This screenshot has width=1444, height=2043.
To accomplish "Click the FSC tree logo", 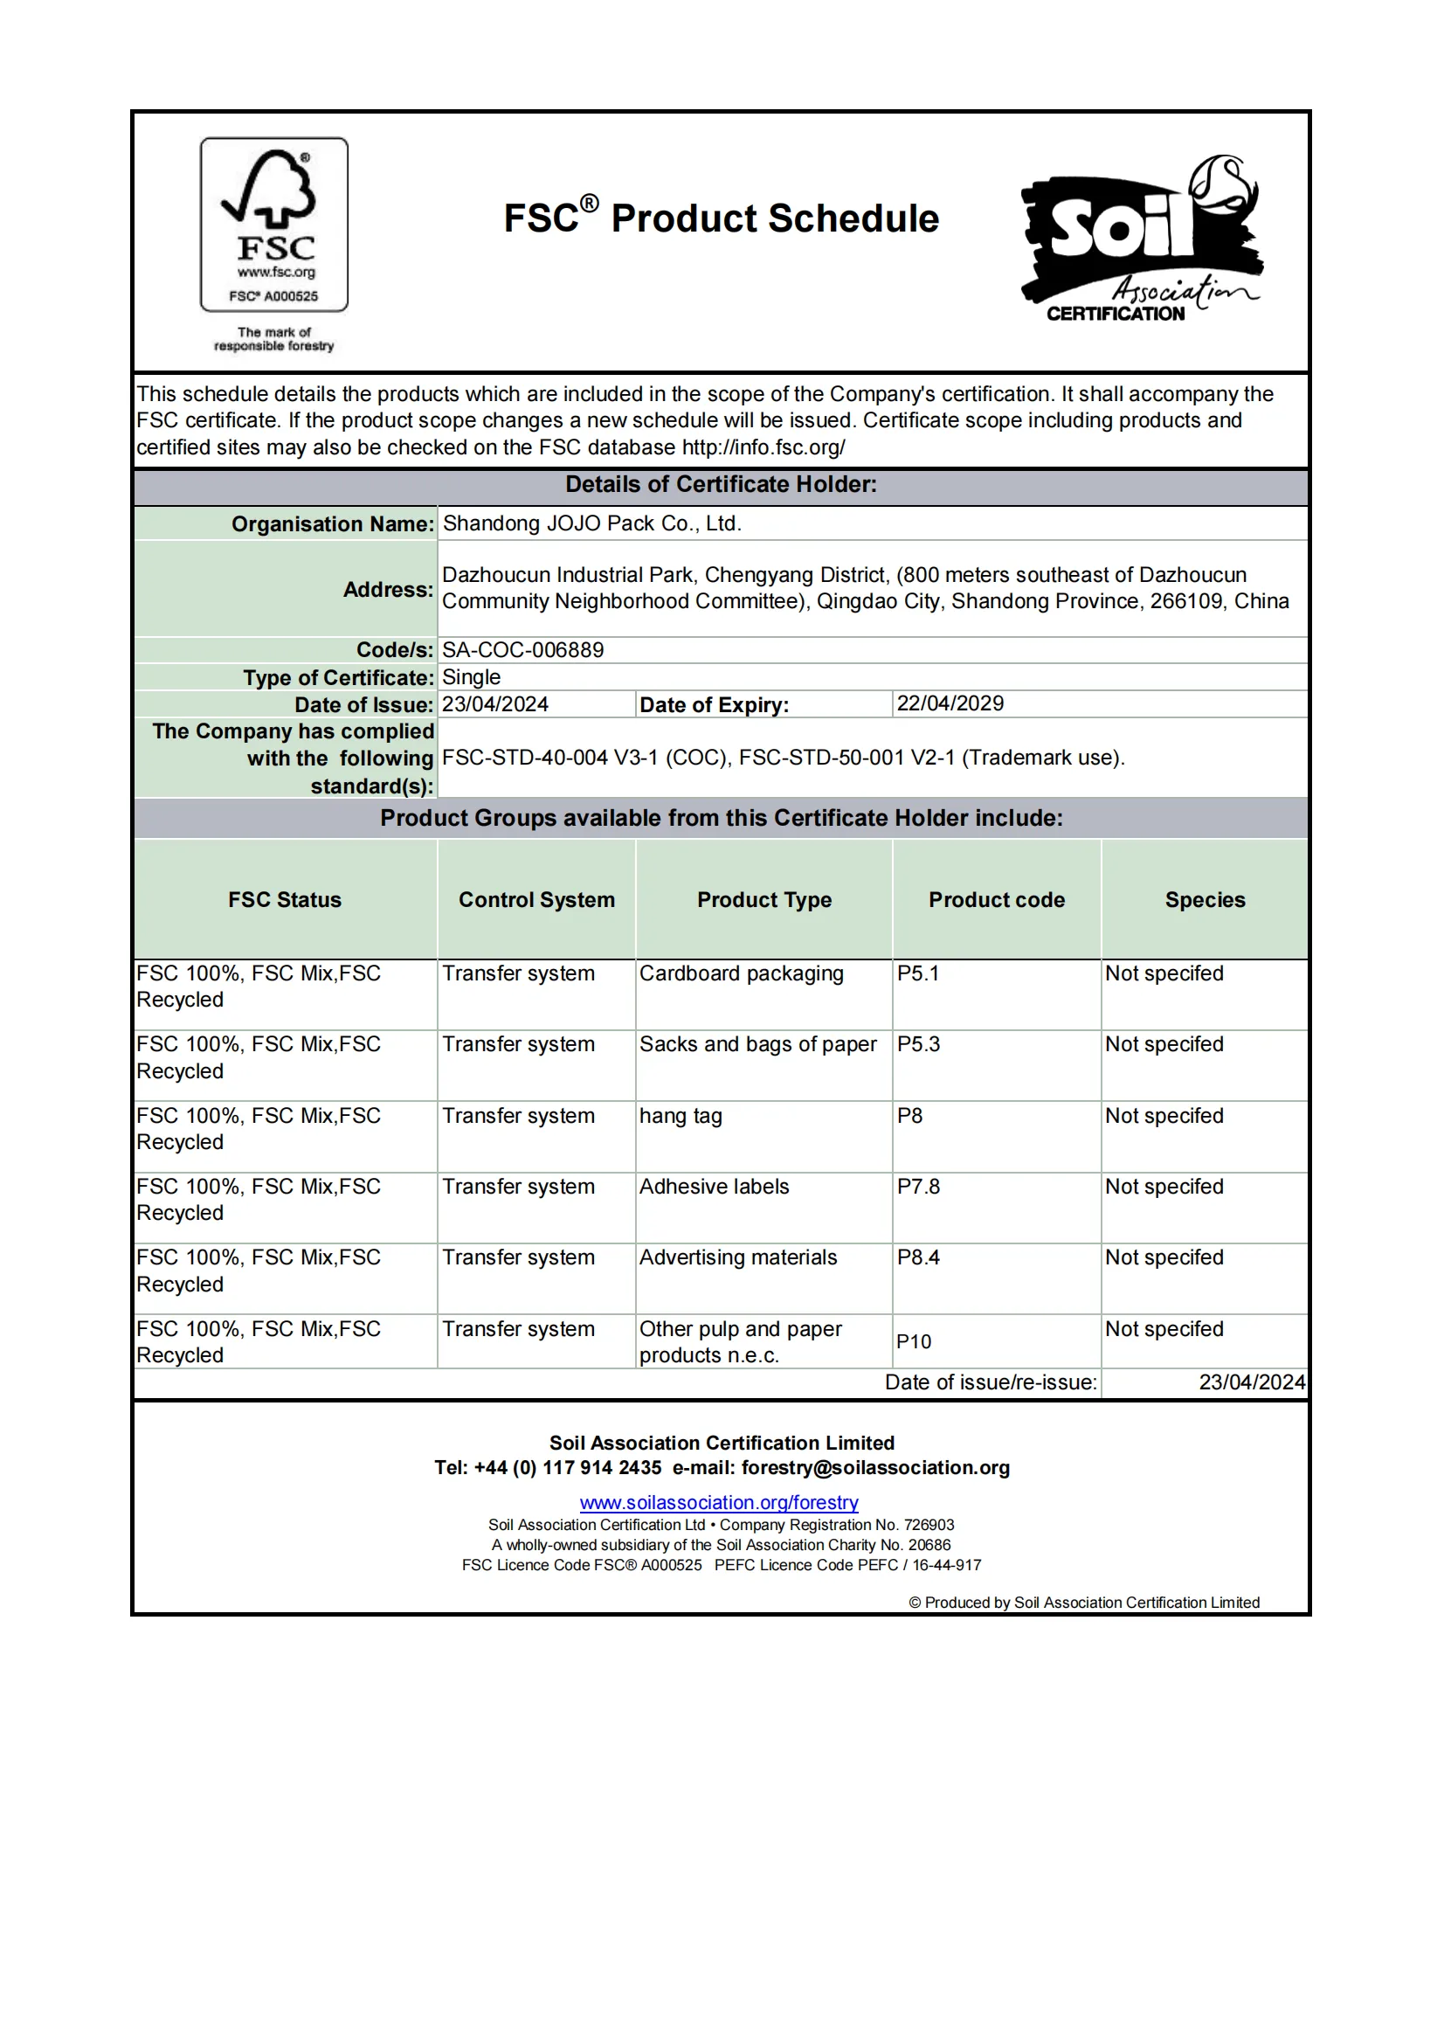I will [x=274, y=225].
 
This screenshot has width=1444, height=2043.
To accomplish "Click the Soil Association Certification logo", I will [x=1143, y=239].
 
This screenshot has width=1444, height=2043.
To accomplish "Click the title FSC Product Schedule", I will [x=721, y=218].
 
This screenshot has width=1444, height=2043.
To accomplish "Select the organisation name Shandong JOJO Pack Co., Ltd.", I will [x=591, y=523].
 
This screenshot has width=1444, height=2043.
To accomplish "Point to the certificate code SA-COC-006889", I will [x=523, y=649].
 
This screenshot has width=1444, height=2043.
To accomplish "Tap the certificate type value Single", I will [x=472, y=677].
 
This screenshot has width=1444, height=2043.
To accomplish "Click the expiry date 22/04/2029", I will [x=950, y=703].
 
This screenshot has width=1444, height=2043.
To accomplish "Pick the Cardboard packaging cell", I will [x=741, y=973].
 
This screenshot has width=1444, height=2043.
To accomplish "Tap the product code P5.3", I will [x=918, y=1043].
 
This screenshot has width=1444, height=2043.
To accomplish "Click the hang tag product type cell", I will [x=681, y=1116].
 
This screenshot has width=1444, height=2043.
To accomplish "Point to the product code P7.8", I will [x=918, y=1186].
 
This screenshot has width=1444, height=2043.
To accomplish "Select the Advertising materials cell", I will [x=738, y=1257].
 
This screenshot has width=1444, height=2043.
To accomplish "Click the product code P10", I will [x=914, y=1341].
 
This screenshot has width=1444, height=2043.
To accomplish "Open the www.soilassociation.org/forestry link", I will [x=719, y=1502].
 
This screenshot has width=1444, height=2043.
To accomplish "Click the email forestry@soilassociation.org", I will [x=875, y=1467].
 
